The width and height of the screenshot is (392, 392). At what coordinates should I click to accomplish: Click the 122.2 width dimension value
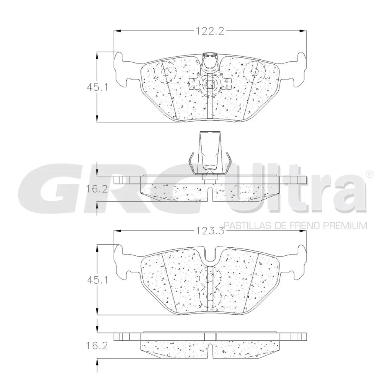coord(209,31)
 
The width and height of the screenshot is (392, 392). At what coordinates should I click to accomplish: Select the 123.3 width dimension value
coord(209,231)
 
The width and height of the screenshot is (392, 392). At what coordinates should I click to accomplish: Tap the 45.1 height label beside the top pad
coord(98,87)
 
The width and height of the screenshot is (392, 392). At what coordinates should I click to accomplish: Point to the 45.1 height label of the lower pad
coord(98,280)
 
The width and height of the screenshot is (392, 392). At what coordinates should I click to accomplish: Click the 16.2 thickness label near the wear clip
coord(97,189)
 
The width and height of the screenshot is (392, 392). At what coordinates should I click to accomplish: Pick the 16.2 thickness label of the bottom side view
coord(97,346)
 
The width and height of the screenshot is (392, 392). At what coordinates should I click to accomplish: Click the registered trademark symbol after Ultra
coord(370,174)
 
